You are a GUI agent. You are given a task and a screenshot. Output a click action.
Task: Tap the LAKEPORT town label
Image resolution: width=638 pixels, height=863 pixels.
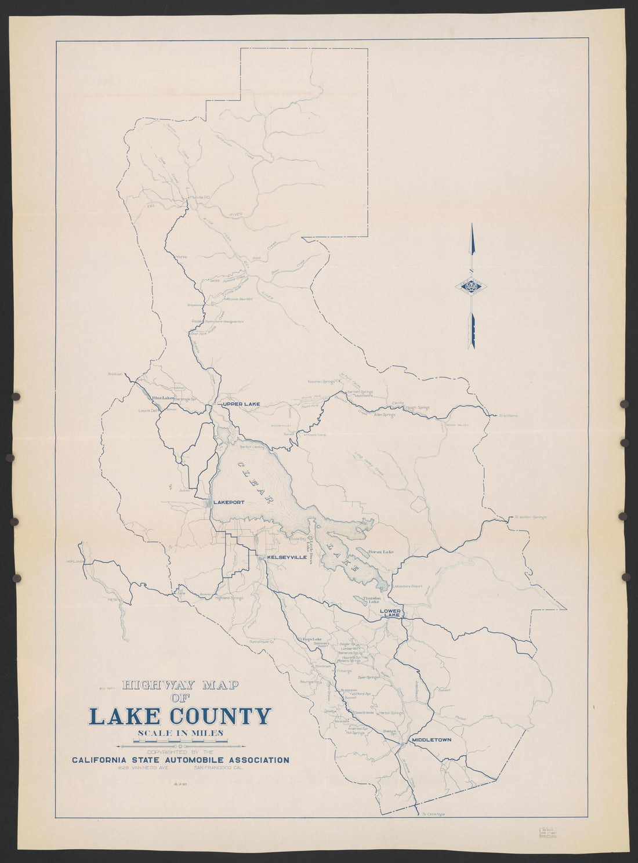click(x=229, y=502)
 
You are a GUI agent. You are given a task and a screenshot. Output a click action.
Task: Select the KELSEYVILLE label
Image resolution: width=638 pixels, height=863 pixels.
click(x=287, y=557)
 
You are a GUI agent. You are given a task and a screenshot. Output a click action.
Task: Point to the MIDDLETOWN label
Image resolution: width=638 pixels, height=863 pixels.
click(x=431, y=741)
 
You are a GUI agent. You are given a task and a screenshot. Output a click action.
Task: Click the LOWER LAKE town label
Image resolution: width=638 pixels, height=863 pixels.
click(x=390, y=613)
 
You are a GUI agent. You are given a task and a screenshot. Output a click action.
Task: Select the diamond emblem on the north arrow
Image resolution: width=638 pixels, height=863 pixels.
click(x=472, y=286)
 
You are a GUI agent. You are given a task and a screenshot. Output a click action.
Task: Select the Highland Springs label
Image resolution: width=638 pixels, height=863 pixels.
click(x=229, y=598)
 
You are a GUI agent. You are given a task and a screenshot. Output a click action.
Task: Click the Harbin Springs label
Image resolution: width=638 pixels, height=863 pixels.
click(x=390, y=713)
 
